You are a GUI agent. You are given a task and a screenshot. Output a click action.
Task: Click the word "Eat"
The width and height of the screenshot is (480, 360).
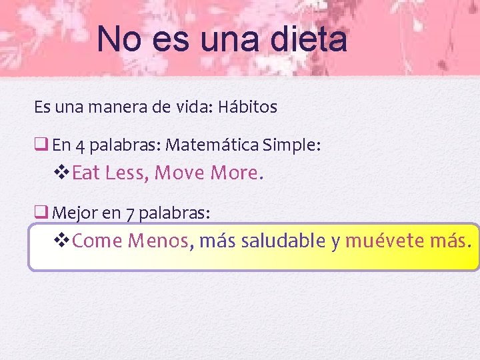click(85, 173)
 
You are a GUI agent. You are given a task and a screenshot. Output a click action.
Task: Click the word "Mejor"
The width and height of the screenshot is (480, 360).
click(73, 213)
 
